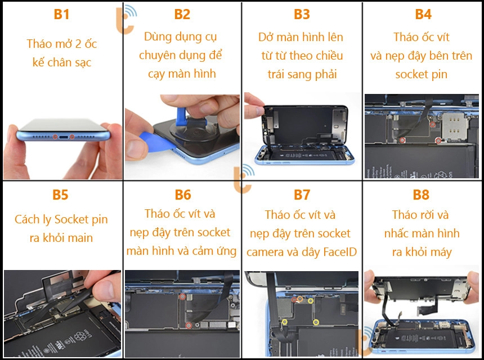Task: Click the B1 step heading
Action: pyautogui.click(x=61, y=14)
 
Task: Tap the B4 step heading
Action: pyautogui.click(x=423, y=14)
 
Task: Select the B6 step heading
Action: pyautogui.click(x=183, y=195)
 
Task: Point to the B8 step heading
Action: pyautogui.click(x=421, y=195)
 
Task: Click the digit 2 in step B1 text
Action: pyautogui.click(x=78, y=44)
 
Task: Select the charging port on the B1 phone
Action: pyautogui.click(x=63, y=137)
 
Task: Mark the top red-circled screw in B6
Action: pyautogui.click(x=183, y=297)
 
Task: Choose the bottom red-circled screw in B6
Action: pyautogui.click(x=189, y=325)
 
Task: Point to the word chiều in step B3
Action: pyautogui.click(x=329, y=56)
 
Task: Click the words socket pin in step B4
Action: pyautogui.click(x=422, y=74)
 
